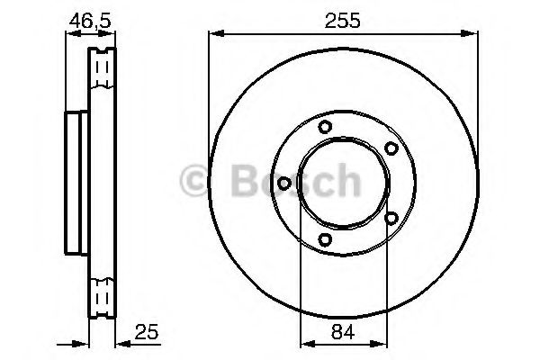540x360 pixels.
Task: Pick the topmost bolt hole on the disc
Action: (326, 127)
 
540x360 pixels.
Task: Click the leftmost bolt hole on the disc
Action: (284, 183)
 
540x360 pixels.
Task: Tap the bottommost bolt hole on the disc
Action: (326, 238)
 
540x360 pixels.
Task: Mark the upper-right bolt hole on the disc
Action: (391, 148)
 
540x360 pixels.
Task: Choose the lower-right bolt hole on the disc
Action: (391, 217)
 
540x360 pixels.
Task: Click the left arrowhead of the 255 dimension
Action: (214, 34)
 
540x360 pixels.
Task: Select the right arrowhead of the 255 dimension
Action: (472, 34)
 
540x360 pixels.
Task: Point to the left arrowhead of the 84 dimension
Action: (304, 343)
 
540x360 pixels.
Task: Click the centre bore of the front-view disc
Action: (343, 183)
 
